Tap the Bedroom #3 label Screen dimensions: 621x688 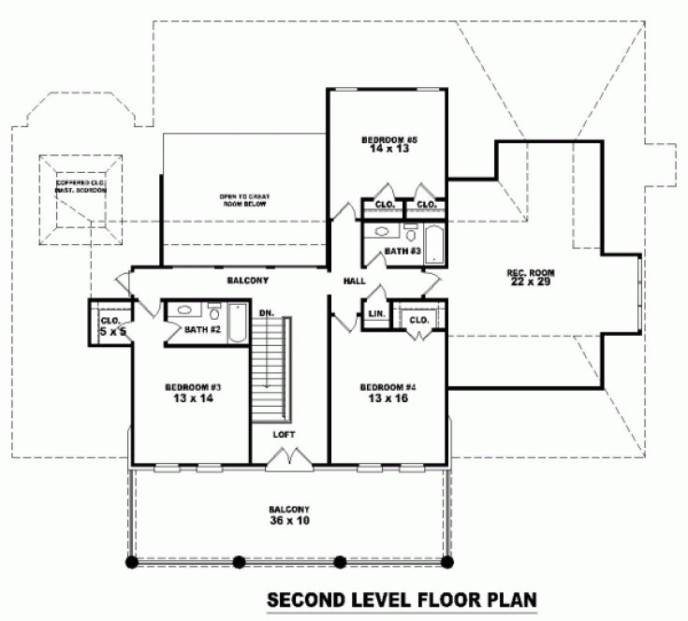point(192,387)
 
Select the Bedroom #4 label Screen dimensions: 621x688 point(388,387)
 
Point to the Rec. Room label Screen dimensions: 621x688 point(531,273)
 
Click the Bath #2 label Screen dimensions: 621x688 point(202,329)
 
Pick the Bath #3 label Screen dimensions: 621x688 point(401,252)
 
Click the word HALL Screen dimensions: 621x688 point(354,281)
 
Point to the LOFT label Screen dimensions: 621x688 point(285,435)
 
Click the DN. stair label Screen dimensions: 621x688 point(266,311)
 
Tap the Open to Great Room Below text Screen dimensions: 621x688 point(244,199)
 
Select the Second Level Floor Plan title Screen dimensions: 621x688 point(403,598)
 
